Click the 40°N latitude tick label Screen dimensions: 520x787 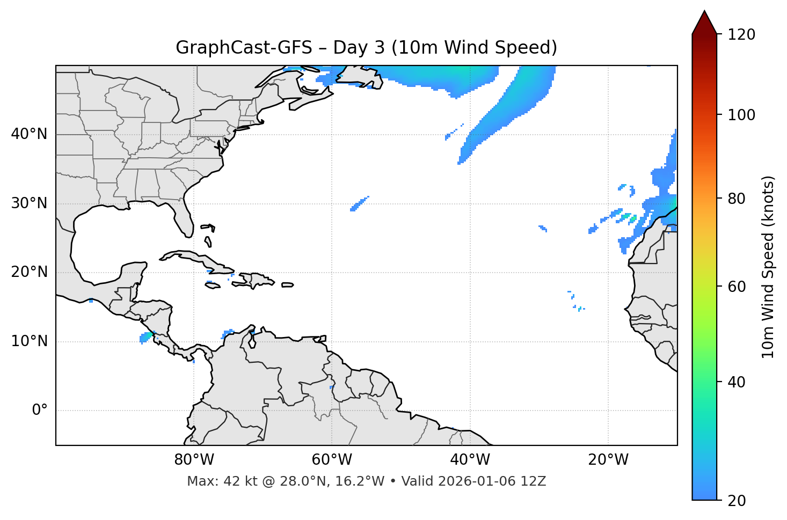[29, 134]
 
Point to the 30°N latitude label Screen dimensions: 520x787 [29, 203]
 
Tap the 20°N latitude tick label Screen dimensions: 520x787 [29, 272]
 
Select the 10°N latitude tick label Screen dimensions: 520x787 [29, 341]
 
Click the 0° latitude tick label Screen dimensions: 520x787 [40, 411]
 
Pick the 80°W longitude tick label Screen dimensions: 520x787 [194, 460]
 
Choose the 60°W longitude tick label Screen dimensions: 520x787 [332, 460]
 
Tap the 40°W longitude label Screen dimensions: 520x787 [470, 460]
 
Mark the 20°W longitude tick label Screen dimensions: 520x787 [608, 460]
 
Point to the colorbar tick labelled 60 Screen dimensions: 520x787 [738, 287]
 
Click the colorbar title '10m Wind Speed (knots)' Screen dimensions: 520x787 [768, 267]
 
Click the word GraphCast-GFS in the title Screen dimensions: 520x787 [244, 48]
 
